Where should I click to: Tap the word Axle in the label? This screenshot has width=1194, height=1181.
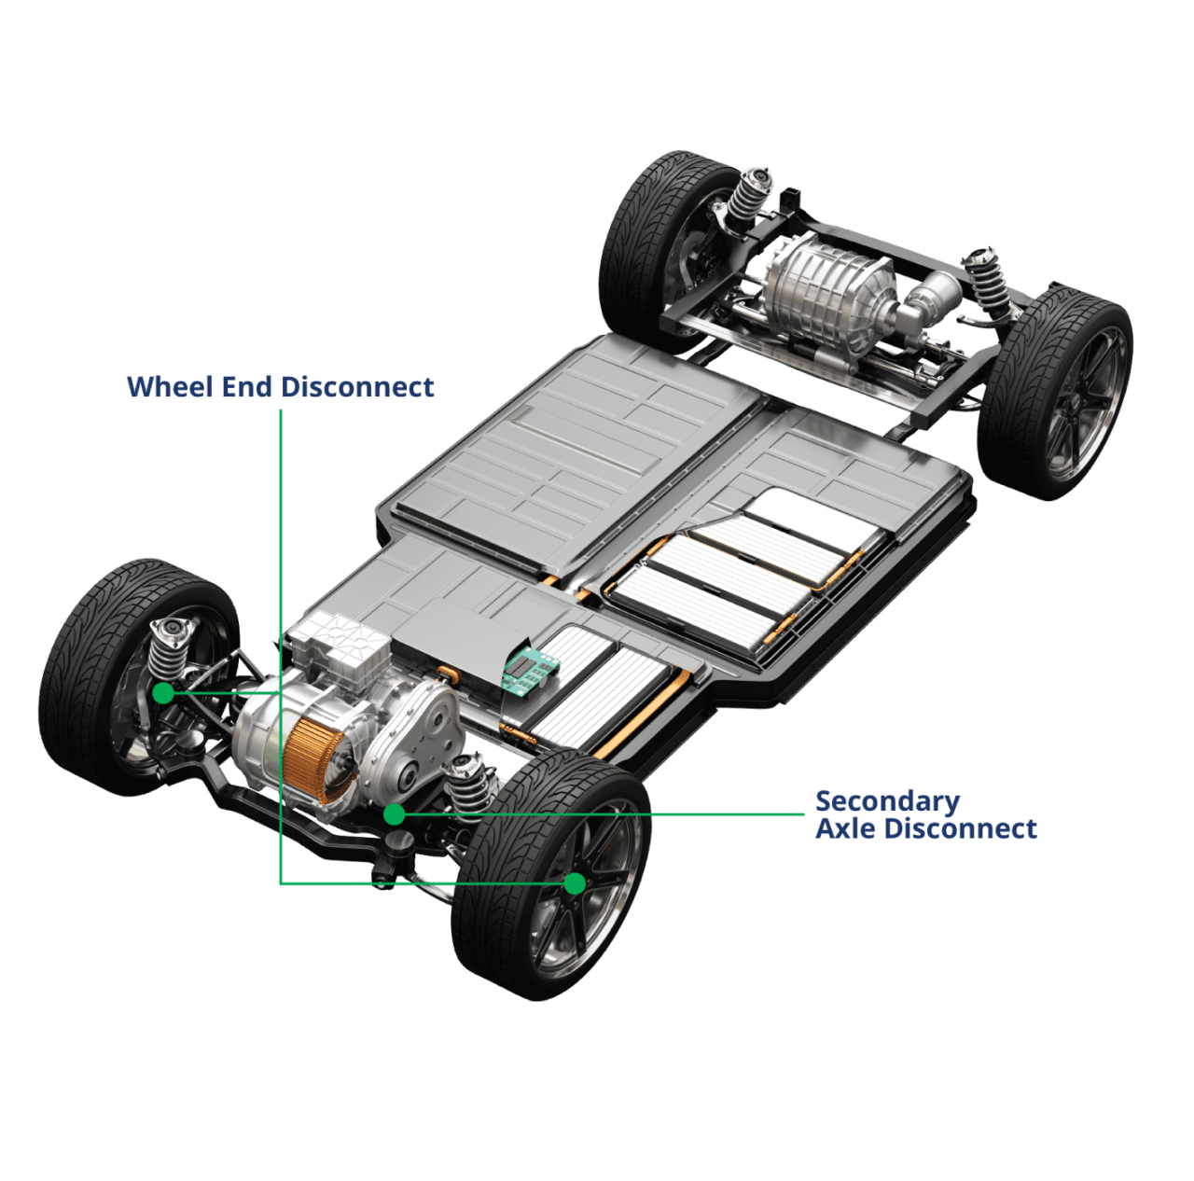pos(845,828)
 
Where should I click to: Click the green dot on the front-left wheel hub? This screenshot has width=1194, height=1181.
pos(163,693)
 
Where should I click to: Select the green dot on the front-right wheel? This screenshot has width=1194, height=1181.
pos(575,883)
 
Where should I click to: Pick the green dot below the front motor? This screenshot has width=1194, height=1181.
pos(395,814)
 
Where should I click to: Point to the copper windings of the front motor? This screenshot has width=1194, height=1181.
pos(312,760)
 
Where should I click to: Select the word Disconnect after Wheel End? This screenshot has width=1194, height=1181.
pos(357,387)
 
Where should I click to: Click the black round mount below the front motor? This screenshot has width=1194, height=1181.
pos(398,843)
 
